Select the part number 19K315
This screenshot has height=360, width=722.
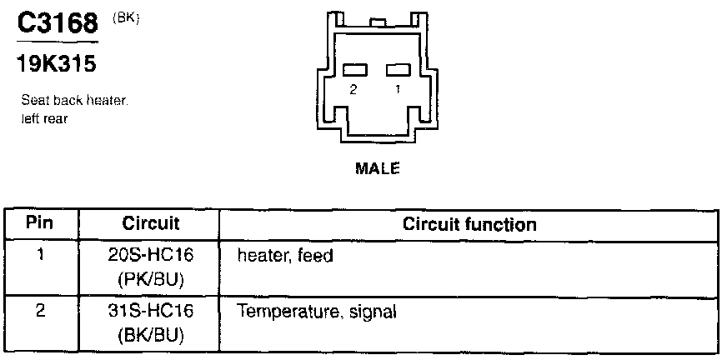point(53,62)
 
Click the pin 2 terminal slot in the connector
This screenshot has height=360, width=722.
point(354,70)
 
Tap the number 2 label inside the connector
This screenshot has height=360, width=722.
point(353,88)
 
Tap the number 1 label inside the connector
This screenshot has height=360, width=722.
point(398,88)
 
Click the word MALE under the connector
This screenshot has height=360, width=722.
point(378,168)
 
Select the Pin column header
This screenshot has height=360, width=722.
point(40,224)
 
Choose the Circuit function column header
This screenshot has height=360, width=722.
point(469,224)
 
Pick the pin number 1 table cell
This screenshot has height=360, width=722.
point(40,255)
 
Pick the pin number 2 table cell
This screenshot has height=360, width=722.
point(40,312)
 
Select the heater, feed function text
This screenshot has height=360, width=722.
point(284,256)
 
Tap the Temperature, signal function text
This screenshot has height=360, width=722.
point(318,313)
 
